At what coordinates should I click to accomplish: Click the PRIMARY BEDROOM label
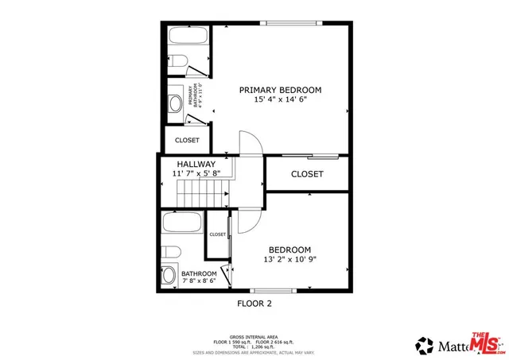(280, 90)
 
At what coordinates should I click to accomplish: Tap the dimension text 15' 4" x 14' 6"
(280, 100)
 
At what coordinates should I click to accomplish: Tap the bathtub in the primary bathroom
(188, 37)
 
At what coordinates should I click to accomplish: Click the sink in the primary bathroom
(175, 103)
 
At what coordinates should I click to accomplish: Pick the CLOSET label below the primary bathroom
(188, 141)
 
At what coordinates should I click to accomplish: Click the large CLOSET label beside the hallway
(307, 174)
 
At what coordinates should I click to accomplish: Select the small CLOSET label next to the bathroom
(218, 234)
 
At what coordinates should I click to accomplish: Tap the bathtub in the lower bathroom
(183, 222)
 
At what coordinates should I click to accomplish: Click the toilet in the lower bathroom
(170, 252)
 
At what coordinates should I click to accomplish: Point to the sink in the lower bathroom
(169, 276)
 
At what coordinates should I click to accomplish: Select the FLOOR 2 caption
(254, 303)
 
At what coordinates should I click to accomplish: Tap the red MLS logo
(488, 342)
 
